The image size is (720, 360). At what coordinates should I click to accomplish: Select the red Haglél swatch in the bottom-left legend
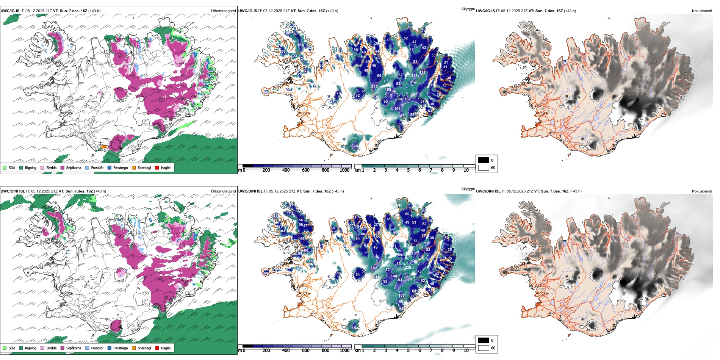pyautogui.click(x=157, y=348)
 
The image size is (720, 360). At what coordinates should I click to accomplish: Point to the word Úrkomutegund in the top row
pyautogui.click(x=223, y=11)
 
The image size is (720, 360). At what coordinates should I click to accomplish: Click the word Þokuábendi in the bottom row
pyautogui.click(x=702, y=191)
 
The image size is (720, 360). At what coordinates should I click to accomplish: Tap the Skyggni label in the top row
pyautogui.click(x=468, y=9)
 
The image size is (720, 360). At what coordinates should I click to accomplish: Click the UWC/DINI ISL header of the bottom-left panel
pyautogui.click(x=13, y=191)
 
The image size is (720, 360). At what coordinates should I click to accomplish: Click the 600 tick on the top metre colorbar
pyautogui.click(x=306, y=170)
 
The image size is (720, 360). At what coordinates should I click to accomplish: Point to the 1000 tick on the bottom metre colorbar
pyautogui.click(x=344, y=351)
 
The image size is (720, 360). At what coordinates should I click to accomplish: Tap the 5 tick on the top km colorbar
pyautogui.click(x=408, y=170)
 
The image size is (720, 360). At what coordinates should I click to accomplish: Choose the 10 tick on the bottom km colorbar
pyautogui.click(x=466, y=351)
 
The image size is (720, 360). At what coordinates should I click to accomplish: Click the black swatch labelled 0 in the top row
pyautogui.click(x=484, y=160)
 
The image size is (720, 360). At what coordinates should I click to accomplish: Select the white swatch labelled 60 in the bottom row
pyautogui.click(x=484, y=348)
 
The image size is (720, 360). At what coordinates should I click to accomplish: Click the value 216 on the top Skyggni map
pyautogui.click(x=415, y=76)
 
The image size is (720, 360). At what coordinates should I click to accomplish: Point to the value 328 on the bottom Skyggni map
pyautogui.click(x=408, y=268)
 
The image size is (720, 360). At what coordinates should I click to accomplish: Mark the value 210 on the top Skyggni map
pyautogui.click(x=374, y=87)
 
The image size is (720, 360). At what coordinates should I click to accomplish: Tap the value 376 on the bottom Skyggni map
pyautogui.click(x=409, y=279)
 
